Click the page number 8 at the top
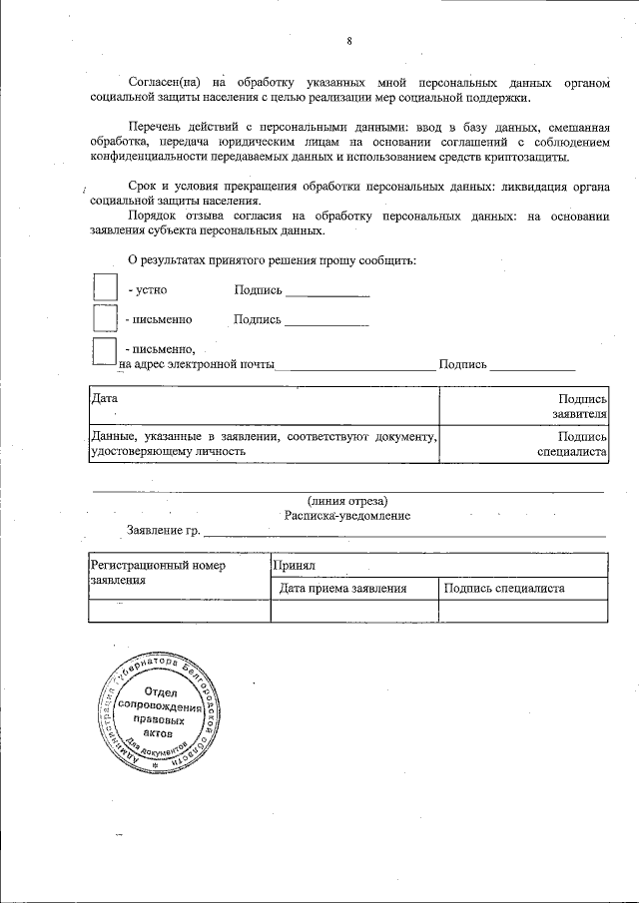tap(349, 41)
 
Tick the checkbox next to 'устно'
tap(105, 288)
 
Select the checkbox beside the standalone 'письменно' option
tap(105, 319)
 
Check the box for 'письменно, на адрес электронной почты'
tap(105, 352)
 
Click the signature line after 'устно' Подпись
tap(327, 294)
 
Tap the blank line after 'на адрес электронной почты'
tap(354, 369)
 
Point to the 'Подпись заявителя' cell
tap(525, 405)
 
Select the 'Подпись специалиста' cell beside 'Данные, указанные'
tap(525, 444)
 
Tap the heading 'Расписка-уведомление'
tap(346, 516)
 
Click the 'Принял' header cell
tap(438, 565)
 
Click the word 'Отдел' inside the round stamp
tap(160, 692)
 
